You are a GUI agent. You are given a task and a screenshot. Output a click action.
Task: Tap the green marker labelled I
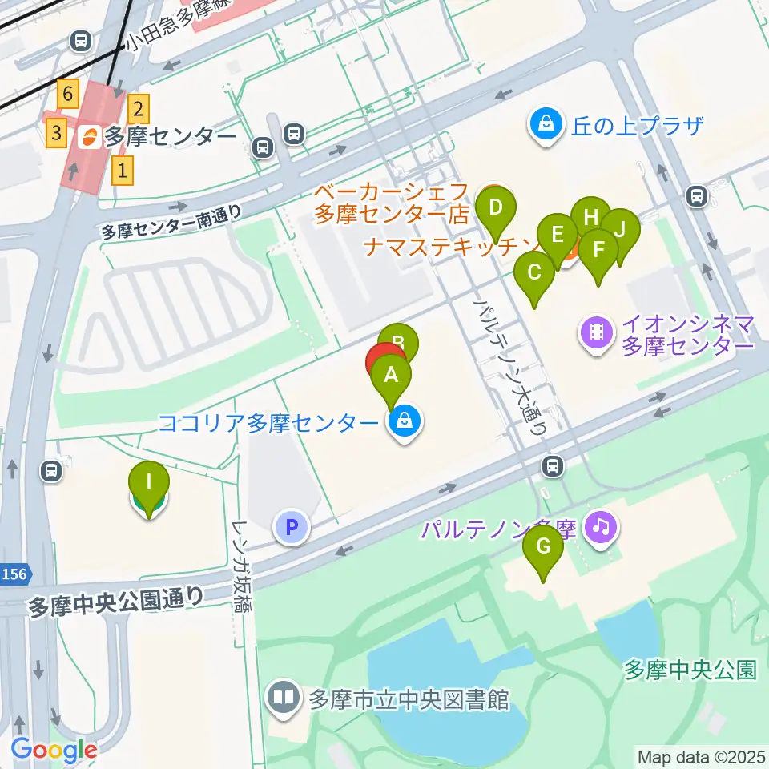point(148,483)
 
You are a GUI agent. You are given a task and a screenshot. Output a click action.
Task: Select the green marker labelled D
point(496,209)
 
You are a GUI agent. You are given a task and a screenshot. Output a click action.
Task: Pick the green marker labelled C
point(533,273)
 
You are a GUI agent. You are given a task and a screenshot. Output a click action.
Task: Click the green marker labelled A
point(391,375)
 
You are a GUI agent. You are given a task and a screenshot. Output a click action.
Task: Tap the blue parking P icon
point(292,527)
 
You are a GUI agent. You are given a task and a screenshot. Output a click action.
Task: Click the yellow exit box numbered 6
point(68,95)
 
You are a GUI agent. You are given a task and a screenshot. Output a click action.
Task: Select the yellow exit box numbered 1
point(122,170)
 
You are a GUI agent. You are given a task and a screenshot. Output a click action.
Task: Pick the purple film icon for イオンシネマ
point(597,330)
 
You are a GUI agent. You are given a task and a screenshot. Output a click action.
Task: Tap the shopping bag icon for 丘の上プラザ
point(545,125)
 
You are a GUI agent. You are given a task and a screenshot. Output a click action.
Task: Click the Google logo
point(54,750)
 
